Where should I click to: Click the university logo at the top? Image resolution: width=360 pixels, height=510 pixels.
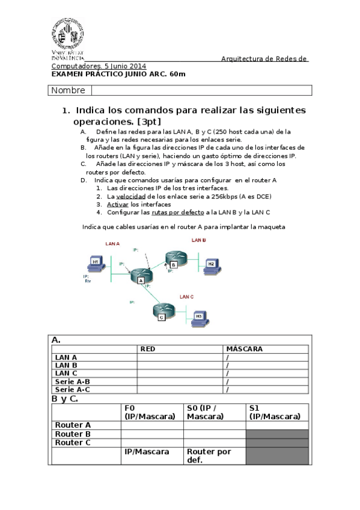(x=67, y=37)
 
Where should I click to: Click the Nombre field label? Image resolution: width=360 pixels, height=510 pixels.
(x=69, y=91)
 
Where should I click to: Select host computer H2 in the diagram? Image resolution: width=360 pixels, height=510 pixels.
(x=210, y=264)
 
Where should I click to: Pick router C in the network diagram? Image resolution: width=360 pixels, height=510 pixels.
(x=161, y=312)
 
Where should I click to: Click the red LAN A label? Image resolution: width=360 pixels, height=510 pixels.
(x=112, y=244)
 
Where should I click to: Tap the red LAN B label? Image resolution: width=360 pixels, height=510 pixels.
(x=199, y=240)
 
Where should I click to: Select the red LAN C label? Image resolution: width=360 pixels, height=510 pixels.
(x=186, y=296)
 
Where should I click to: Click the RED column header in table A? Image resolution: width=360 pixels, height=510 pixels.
(x=147, y=349)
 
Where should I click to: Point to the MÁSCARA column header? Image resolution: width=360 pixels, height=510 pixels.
(x=244, y=349)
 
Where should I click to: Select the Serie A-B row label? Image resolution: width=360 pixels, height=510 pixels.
(x=72, y=381)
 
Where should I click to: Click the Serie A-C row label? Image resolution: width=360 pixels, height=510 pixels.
(x=72, y=389)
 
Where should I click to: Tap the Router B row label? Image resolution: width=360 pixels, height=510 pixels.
(x=73, y=434)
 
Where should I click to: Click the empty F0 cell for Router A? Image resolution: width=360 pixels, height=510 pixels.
(x=152, y=425)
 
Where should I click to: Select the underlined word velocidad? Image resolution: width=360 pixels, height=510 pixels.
(x=130, y=196)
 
